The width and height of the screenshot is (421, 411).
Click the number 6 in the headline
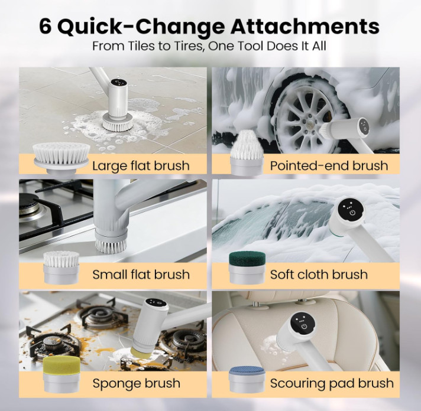(46, 27)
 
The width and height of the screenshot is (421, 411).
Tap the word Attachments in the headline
(305, 27)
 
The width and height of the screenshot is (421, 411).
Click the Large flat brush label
(141, 166)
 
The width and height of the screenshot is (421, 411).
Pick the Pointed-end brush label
(329, 166)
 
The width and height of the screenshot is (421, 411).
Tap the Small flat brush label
(141, 275)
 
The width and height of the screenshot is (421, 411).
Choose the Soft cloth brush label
(319, 275)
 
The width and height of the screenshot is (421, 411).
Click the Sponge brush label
(137, 383)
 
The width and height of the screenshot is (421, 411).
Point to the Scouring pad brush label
(332, 383)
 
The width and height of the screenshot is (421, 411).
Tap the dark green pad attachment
(247, 268)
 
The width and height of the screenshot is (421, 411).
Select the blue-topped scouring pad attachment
(247, 379)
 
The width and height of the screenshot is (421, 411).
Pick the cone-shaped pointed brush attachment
(246, 153)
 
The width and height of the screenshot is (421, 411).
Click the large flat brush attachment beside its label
(61, 158)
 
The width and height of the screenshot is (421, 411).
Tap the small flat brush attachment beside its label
(61, 268)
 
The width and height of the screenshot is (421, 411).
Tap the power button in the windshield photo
(352, 213)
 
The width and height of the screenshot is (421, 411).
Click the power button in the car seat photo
(304, 327)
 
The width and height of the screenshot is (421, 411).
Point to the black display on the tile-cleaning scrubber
(119, 83)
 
